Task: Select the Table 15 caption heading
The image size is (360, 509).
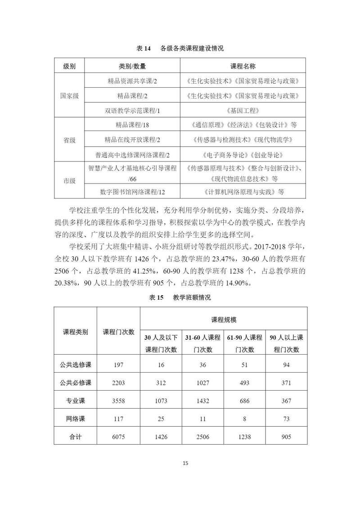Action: tap(180, 297)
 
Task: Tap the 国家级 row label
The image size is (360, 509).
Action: tap(69, 95)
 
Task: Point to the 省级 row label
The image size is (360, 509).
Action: tap(69, 140)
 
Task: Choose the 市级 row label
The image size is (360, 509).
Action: tap(69, 180)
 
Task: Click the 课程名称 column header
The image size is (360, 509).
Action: tap(243, 66)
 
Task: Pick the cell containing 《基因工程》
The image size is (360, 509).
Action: tap(243, 110)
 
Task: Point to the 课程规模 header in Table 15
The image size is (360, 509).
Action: tap(224, 320)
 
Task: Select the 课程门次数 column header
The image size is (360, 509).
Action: tap(119, 332)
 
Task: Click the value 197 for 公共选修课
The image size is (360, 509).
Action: tap(119, 365)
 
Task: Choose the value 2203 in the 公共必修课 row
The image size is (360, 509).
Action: tap(119, 383)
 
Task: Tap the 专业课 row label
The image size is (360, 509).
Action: tap(76, 401)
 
